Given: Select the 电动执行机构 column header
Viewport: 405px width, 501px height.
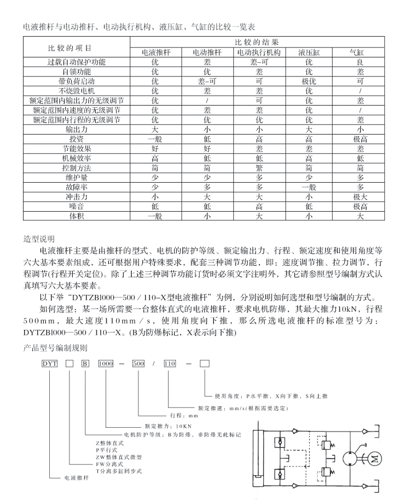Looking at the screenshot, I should pos(258,53).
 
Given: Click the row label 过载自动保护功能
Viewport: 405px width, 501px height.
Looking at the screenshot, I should pos(77,62).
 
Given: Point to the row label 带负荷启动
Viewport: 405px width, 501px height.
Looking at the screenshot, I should pos(77,81).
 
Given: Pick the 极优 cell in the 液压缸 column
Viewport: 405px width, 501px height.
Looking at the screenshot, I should pos(309,81).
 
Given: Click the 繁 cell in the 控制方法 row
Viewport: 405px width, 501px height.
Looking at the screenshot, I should pos(258,167).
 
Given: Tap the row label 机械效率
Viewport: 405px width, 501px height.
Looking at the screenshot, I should pos(77,158).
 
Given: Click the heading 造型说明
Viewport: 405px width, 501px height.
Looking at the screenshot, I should pos(39,239).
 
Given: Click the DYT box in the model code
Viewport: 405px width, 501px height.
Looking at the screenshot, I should pos(50,364).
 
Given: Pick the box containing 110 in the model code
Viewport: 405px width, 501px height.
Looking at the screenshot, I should pos(170,364).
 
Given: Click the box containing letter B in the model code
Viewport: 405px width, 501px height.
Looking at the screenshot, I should pos(85,364).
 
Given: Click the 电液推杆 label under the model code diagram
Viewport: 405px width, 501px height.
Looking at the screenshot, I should pos(77,477).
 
